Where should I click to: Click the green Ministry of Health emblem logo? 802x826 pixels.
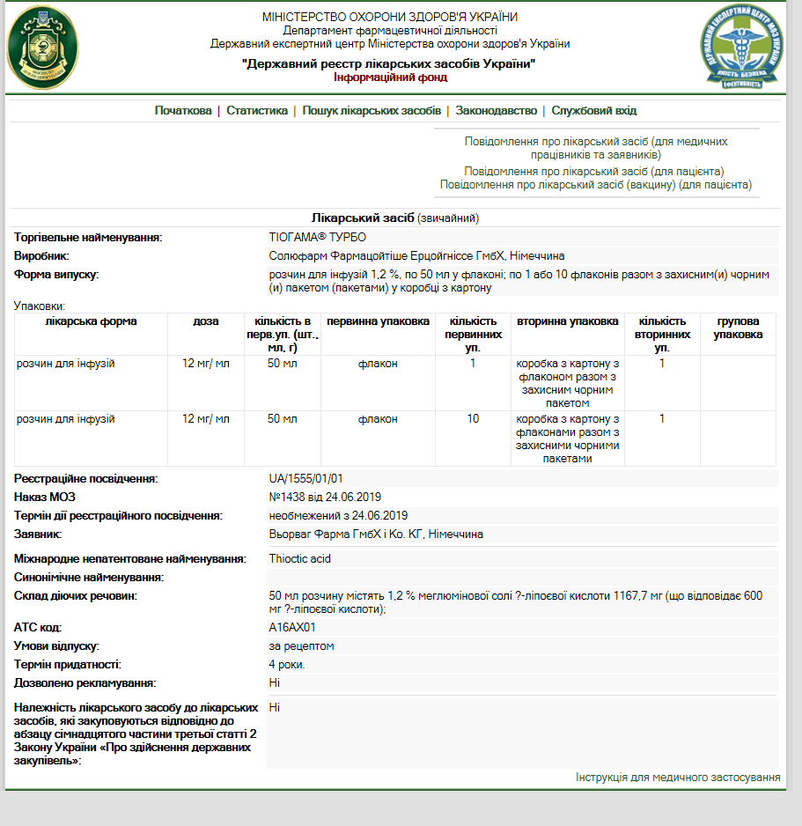pos(41,46)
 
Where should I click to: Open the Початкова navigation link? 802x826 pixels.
pos(183,111)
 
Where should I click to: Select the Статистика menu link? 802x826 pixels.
pos(257,111)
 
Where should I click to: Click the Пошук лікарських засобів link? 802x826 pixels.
pos(372,111)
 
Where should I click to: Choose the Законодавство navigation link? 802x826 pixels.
pos(497,111)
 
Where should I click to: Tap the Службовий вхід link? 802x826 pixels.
pos(593,111)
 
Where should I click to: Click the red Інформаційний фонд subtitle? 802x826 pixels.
pos(390,77)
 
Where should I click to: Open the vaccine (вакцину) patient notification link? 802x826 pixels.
pos(596,185)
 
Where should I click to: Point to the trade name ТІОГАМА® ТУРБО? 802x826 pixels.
pos(317,237)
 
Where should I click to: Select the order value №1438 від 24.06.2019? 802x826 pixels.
pos(325,497)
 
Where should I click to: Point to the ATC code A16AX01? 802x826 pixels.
pos(292,628)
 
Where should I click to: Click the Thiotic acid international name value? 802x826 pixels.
pos(299,558)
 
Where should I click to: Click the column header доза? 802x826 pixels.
pos(205,321)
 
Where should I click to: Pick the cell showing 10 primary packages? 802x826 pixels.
pos(473,418)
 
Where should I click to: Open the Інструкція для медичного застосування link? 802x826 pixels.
pos(678,778)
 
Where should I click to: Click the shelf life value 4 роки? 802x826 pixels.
pos(287,664)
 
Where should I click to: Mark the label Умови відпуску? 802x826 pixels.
pos(56,645)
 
